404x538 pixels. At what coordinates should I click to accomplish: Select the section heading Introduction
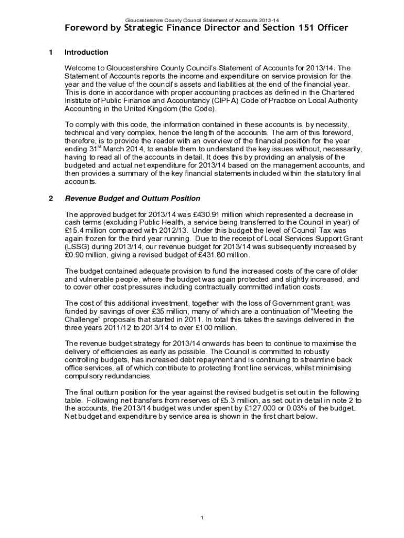coord(86,52)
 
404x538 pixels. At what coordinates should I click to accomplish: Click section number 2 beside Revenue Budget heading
coord(50,198)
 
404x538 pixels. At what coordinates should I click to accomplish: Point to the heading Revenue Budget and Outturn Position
coord(132,198)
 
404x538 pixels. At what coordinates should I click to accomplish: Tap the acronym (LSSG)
coord(77,246)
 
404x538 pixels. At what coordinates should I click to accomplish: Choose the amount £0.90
coord(75,254)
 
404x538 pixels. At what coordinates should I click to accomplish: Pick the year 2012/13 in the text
coord(165,230)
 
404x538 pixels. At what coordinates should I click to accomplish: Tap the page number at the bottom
coord(202,518)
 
